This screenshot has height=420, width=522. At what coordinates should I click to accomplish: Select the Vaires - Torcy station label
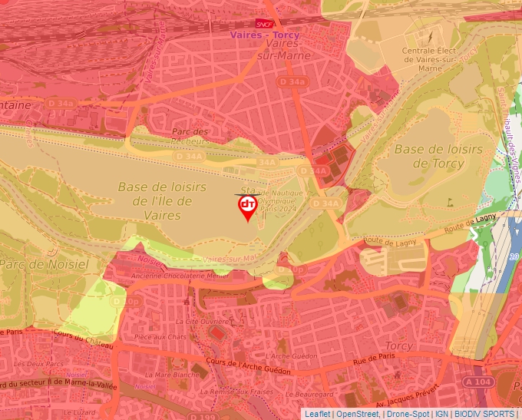pos(266,35)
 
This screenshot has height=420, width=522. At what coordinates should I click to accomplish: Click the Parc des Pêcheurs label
pos(190,136)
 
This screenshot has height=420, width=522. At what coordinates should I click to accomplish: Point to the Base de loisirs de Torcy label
pos(438,156)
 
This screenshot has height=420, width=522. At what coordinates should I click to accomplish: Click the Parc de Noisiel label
pos(44,263)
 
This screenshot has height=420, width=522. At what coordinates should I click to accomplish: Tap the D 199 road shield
pos(203,416)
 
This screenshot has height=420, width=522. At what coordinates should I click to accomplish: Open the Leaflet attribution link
pos(317,414)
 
